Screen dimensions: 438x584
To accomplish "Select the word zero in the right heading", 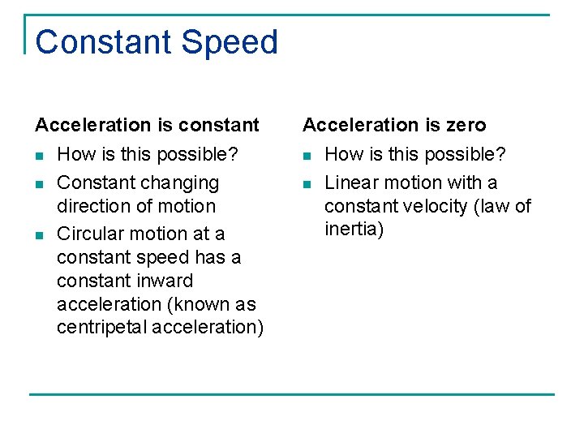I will (x=465, y=125).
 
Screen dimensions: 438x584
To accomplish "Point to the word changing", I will (x=181, y=183).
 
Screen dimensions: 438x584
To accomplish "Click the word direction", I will (x=92, y=206).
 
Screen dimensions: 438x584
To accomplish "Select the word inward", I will (x=165, y=281).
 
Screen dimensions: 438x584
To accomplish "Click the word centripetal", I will (x=101, y=328).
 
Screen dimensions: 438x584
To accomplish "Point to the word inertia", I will (x=354, y=230).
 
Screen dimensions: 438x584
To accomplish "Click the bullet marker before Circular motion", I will (x=39, y=235).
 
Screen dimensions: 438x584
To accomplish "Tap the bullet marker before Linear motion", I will (x=307, y=184).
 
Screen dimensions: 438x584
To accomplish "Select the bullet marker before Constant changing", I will (x=39, y=184).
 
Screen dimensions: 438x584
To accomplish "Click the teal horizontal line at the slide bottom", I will (x=292, y=394).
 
